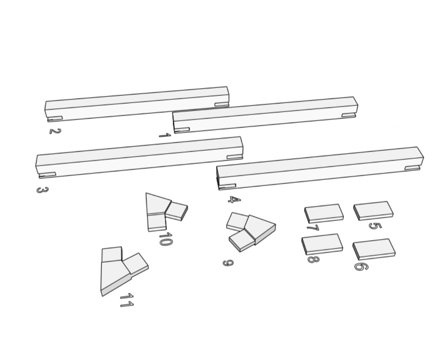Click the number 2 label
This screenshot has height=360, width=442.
(55, 131)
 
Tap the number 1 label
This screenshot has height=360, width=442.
(165, 135)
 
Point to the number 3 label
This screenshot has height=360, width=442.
(43, 190)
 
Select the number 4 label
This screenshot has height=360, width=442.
(235, 200)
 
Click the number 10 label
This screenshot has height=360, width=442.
(166, 239)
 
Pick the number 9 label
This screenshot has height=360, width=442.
(228, 263)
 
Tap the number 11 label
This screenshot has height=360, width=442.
(127, 300)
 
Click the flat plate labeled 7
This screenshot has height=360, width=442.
(324, 213)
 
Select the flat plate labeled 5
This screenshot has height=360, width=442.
(373, 211)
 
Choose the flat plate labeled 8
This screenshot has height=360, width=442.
(322, 244)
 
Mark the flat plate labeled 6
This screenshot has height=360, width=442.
(374, 249)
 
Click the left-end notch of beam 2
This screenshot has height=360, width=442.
(55, 119)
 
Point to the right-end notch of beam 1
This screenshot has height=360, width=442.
(349, 115)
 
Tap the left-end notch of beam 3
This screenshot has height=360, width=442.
(47, 175)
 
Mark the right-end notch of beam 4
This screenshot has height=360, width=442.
(413, 168)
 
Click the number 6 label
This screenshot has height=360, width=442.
(361, 266)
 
